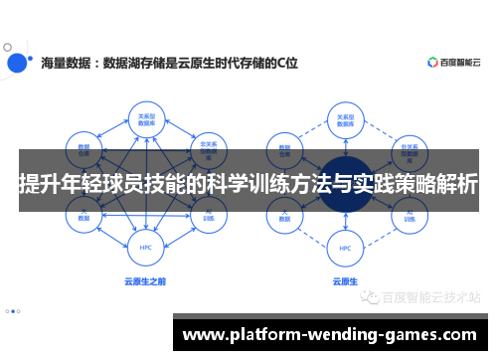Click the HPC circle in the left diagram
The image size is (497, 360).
point(145,248)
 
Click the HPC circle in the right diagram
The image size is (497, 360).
point(344,248)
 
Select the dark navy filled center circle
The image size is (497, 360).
point(344,187)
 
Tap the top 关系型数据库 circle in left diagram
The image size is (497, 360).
point(145,118)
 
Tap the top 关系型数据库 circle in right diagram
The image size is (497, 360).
point(344,118)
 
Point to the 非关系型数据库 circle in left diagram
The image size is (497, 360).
point(208,146)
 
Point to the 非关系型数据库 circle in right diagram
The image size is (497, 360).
point(407,146)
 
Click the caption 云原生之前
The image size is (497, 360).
point(145,281)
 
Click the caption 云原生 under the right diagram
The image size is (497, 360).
point(344,281)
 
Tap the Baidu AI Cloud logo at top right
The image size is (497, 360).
point(453,62)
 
